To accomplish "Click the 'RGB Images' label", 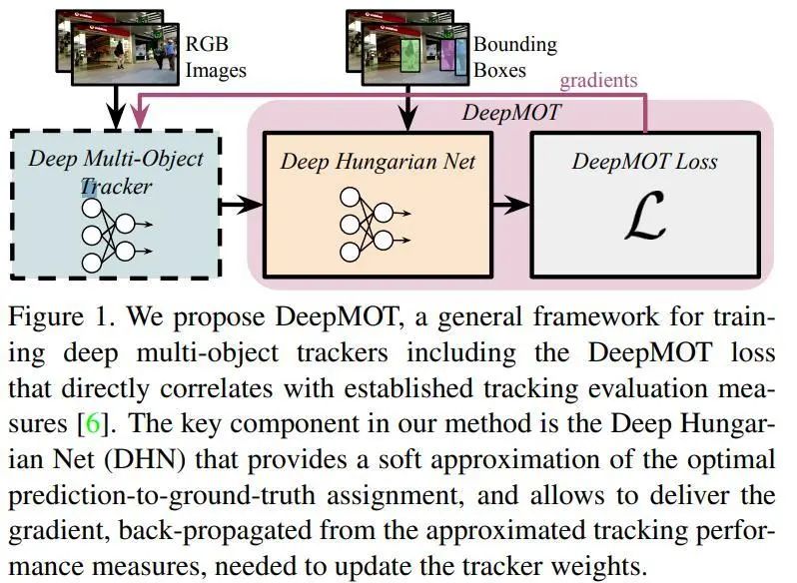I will (x=216, y=57).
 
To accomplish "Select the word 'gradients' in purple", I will (x=597, y=80).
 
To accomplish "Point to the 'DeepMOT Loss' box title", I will (x=644, y=161).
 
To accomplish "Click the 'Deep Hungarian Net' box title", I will (x=378, y=161).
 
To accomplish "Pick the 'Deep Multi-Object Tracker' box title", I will (x=117, y=172).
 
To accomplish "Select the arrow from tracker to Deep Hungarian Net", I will (x=243, y=206).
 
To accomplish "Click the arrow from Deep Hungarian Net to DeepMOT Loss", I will (x=512, y=206).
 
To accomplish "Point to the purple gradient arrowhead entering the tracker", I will (x=139, y=116).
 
